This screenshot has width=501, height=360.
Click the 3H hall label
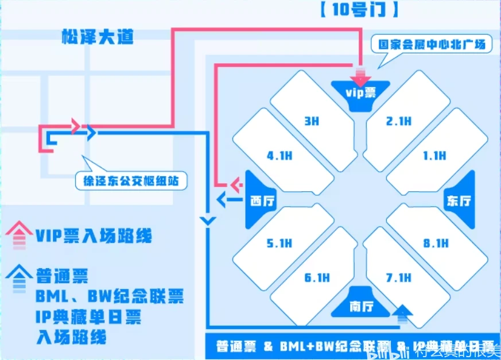click(312, 121)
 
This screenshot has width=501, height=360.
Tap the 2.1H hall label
click(398, 121)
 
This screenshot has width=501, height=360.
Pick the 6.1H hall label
click(316, 278)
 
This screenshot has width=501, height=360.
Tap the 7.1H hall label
click(398, 278)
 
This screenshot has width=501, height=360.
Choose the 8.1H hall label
click(435, 243)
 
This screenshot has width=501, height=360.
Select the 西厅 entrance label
click(263, 200)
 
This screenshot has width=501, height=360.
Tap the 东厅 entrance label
click(459, 200)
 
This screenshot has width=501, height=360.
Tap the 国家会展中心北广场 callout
click(431, 44)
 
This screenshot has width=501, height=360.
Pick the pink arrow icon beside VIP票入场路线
click(18, 237)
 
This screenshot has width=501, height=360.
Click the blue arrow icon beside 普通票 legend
click(18, 276)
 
